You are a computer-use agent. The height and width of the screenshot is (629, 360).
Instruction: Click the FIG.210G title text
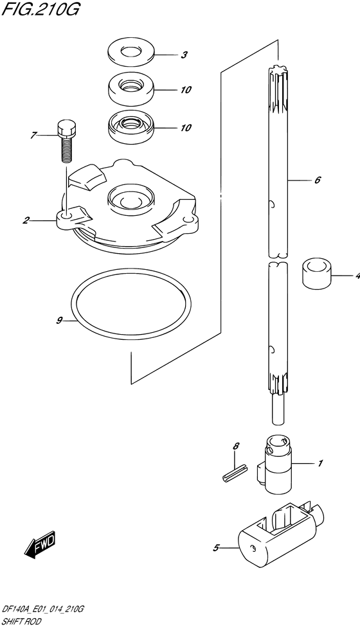pyautogui.click(x=40, y=9)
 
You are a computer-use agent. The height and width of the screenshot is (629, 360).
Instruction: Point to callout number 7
pyautogui.click(x=33, y=136)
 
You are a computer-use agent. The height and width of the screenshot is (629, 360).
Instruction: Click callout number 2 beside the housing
pyautogui.click(x=26, y=220)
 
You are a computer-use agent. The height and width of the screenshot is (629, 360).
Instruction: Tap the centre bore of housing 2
pyautogui.click(x=130, y=198)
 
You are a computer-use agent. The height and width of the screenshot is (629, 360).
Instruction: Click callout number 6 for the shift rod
pyautogui.click(x=318, y=180)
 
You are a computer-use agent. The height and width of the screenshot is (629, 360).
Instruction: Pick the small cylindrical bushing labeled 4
pyautogui.click(x=317, y=274)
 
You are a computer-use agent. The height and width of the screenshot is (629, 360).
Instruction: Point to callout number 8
pyautogui.click(x=237, y=446)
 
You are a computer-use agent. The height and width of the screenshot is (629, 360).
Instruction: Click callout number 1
pyautogui.click(x=320, y=463)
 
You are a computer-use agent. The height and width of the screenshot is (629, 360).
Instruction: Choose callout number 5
pyautogui.click(x=216, y=547)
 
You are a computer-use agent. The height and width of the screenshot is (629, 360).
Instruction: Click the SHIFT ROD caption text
pyautogui.click(x=21, y=622)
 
